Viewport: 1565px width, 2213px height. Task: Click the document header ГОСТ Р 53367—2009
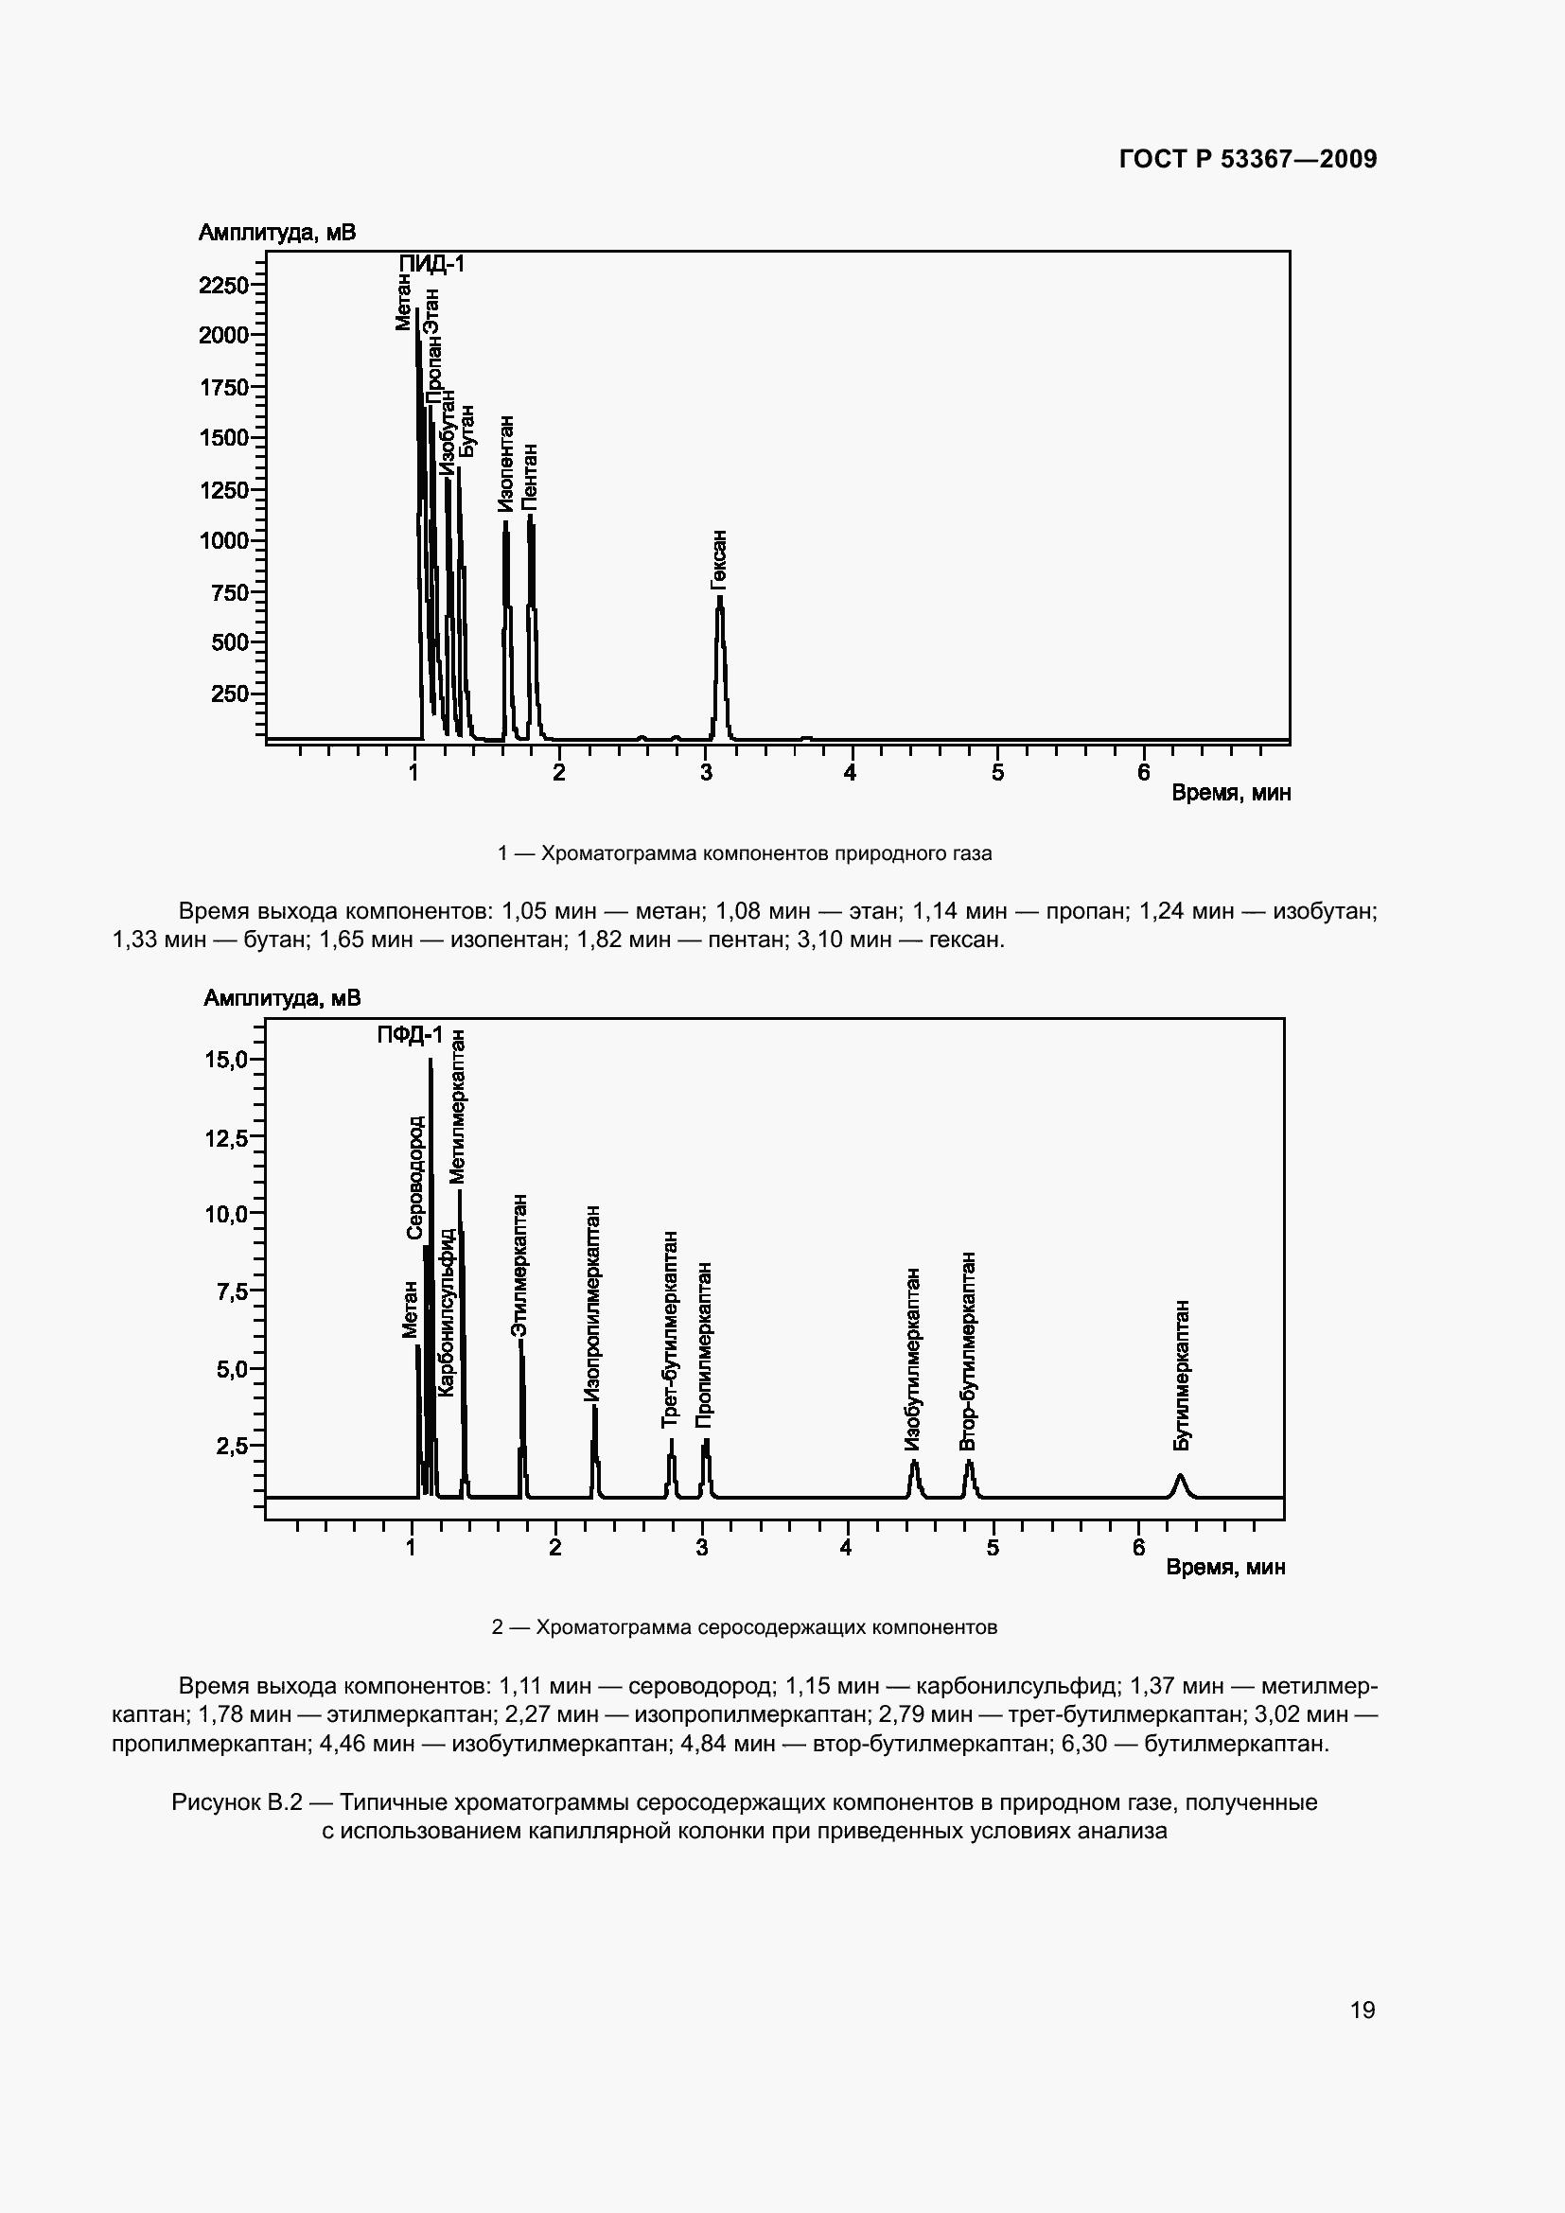click(1248, 159)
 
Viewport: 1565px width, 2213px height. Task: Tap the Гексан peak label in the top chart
click(719, 559)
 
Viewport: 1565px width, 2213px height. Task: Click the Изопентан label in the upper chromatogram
click(506, 464)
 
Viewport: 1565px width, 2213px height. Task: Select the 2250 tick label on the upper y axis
click(223, 286)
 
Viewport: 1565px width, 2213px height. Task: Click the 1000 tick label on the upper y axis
click(223, 541)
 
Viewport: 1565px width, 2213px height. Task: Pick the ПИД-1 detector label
click(432, 263)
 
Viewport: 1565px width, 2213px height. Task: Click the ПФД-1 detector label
click(410, 1035)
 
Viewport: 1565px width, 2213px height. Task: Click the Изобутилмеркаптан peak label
click(912, 1359)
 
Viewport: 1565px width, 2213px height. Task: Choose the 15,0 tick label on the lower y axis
click(225, 1061)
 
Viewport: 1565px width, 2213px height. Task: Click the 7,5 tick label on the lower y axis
click(231, 1291)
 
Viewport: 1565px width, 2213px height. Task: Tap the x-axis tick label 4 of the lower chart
click(846, 1549)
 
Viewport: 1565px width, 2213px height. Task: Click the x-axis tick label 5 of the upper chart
click(997, 773)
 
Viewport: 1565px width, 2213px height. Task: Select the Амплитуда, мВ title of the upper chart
click(276, 233)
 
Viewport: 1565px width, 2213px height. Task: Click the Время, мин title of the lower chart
click(1224, 1567)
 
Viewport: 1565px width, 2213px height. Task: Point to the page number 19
click(1363, 2010)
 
